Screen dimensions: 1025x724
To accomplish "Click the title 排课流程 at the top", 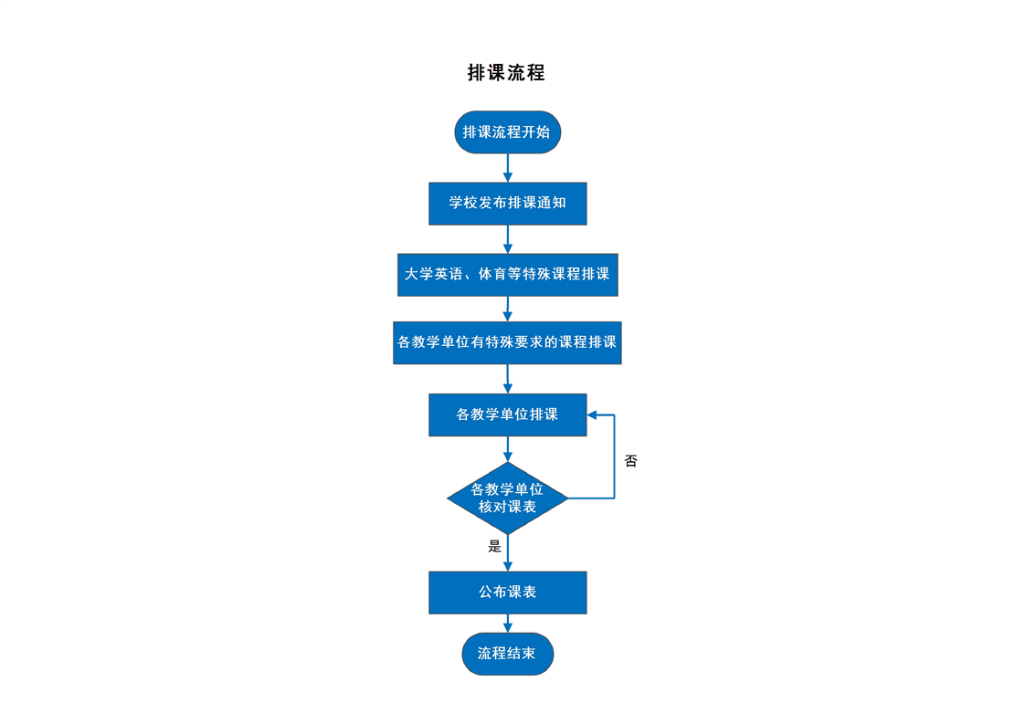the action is point(507,72).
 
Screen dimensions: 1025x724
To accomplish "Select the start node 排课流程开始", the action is point(508,132).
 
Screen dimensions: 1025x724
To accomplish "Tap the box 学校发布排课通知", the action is point(508,204).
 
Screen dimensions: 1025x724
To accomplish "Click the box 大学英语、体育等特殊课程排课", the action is point(508,275).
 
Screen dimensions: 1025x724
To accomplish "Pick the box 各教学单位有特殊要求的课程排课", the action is point(507,342).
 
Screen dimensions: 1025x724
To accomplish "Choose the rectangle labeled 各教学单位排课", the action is point(508,414).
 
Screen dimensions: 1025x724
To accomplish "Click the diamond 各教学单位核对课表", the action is point(508,498).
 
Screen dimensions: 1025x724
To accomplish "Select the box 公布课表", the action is point(508,593).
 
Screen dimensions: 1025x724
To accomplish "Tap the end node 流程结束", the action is point(508,654).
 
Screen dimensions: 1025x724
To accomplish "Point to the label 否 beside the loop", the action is point(631,461).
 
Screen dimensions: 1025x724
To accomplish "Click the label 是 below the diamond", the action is point(495,546).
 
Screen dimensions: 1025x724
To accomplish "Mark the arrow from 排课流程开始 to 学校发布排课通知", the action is point(508,168).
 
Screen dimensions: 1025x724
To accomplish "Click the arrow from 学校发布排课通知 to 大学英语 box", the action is point(508,239).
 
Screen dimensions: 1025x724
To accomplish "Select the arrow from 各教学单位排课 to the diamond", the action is point(508,449).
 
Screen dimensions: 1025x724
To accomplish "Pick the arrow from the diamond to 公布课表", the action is point(508,552).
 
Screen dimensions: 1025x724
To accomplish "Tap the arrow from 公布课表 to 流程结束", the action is point(508,624).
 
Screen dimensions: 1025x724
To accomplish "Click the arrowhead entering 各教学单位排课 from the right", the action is point(592,414).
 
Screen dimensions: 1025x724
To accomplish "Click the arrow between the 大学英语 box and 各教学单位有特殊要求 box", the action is point(508,309).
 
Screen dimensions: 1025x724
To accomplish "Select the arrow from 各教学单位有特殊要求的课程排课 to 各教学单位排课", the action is point(508,378).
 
